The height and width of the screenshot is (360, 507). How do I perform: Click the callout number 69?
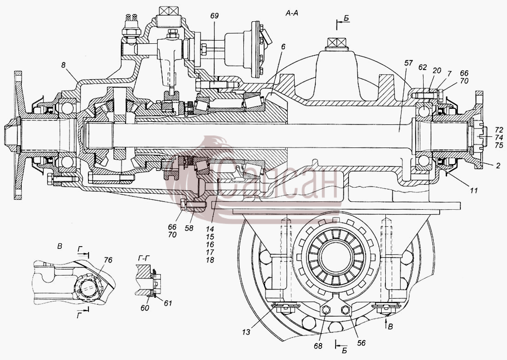click(214, 16)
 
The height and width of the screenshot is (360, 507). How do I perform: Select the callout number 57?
click(408, 63)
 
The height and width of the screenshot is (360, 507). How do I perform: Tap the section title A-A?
click(291, 13)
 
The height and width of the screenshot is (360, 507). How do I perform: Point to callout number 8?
click(64, 65)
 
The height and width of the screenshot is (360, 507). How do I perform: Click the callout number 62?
click(423, 68)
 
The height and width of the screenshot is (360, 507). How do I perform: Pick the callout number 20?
click(437, 71)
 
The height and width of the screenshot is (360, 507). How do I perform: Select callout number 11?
click(474, 190)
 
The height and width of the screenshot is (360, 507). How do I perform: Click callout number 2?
click(498, 166)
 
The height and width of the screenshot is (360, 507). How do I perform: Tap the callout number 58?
click(189, 228)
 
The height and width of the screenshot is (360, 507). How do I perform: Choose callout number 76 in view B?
click(108, 260)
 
